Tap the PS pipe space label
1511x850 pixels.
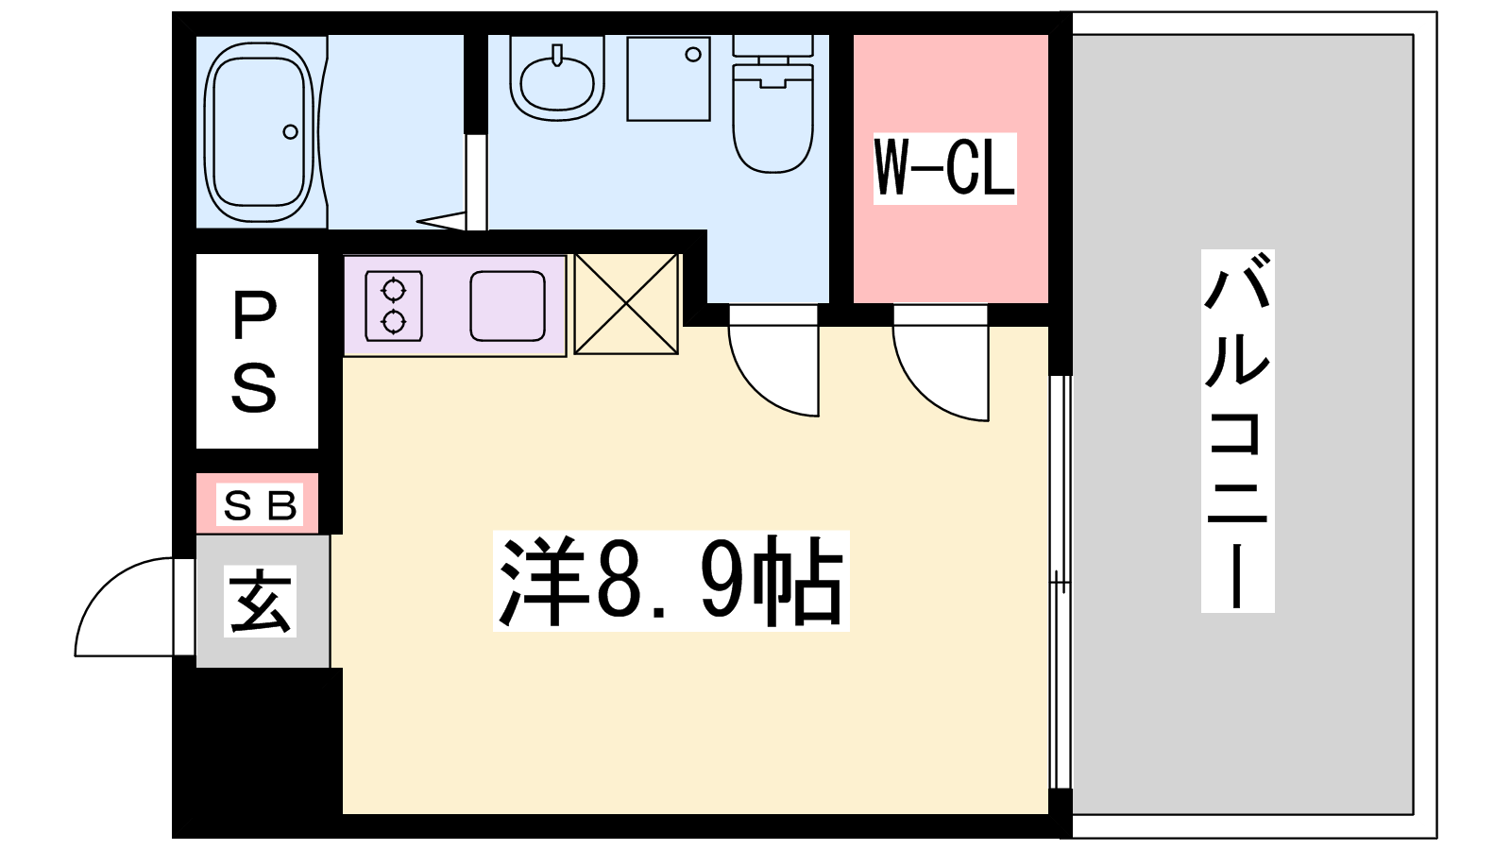point(254,352)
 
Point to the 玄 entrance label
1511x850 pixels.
point(260,601)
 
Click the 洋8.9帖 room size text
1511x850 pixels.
point(671,581)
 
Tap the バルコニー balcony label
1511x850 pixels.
point(1237,431)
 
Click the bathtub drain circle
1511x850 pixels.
point(291,131)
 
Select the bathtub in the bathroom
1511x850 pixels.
point(259,132)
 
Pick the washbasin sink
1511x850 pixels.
point(556,79)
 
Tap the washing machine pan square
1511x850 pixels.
point(668,79)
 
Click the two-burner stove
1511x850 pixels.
point(394,306)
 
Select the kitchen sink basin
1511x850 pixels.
point(507,306)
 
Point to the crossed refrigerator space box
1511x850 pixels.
point(626,303)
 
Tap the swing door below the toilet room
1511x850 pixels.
point(773,360)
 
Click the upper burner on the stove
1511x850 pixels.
point(393,291)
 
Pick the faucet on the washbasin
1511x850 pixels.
point(556,56)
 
